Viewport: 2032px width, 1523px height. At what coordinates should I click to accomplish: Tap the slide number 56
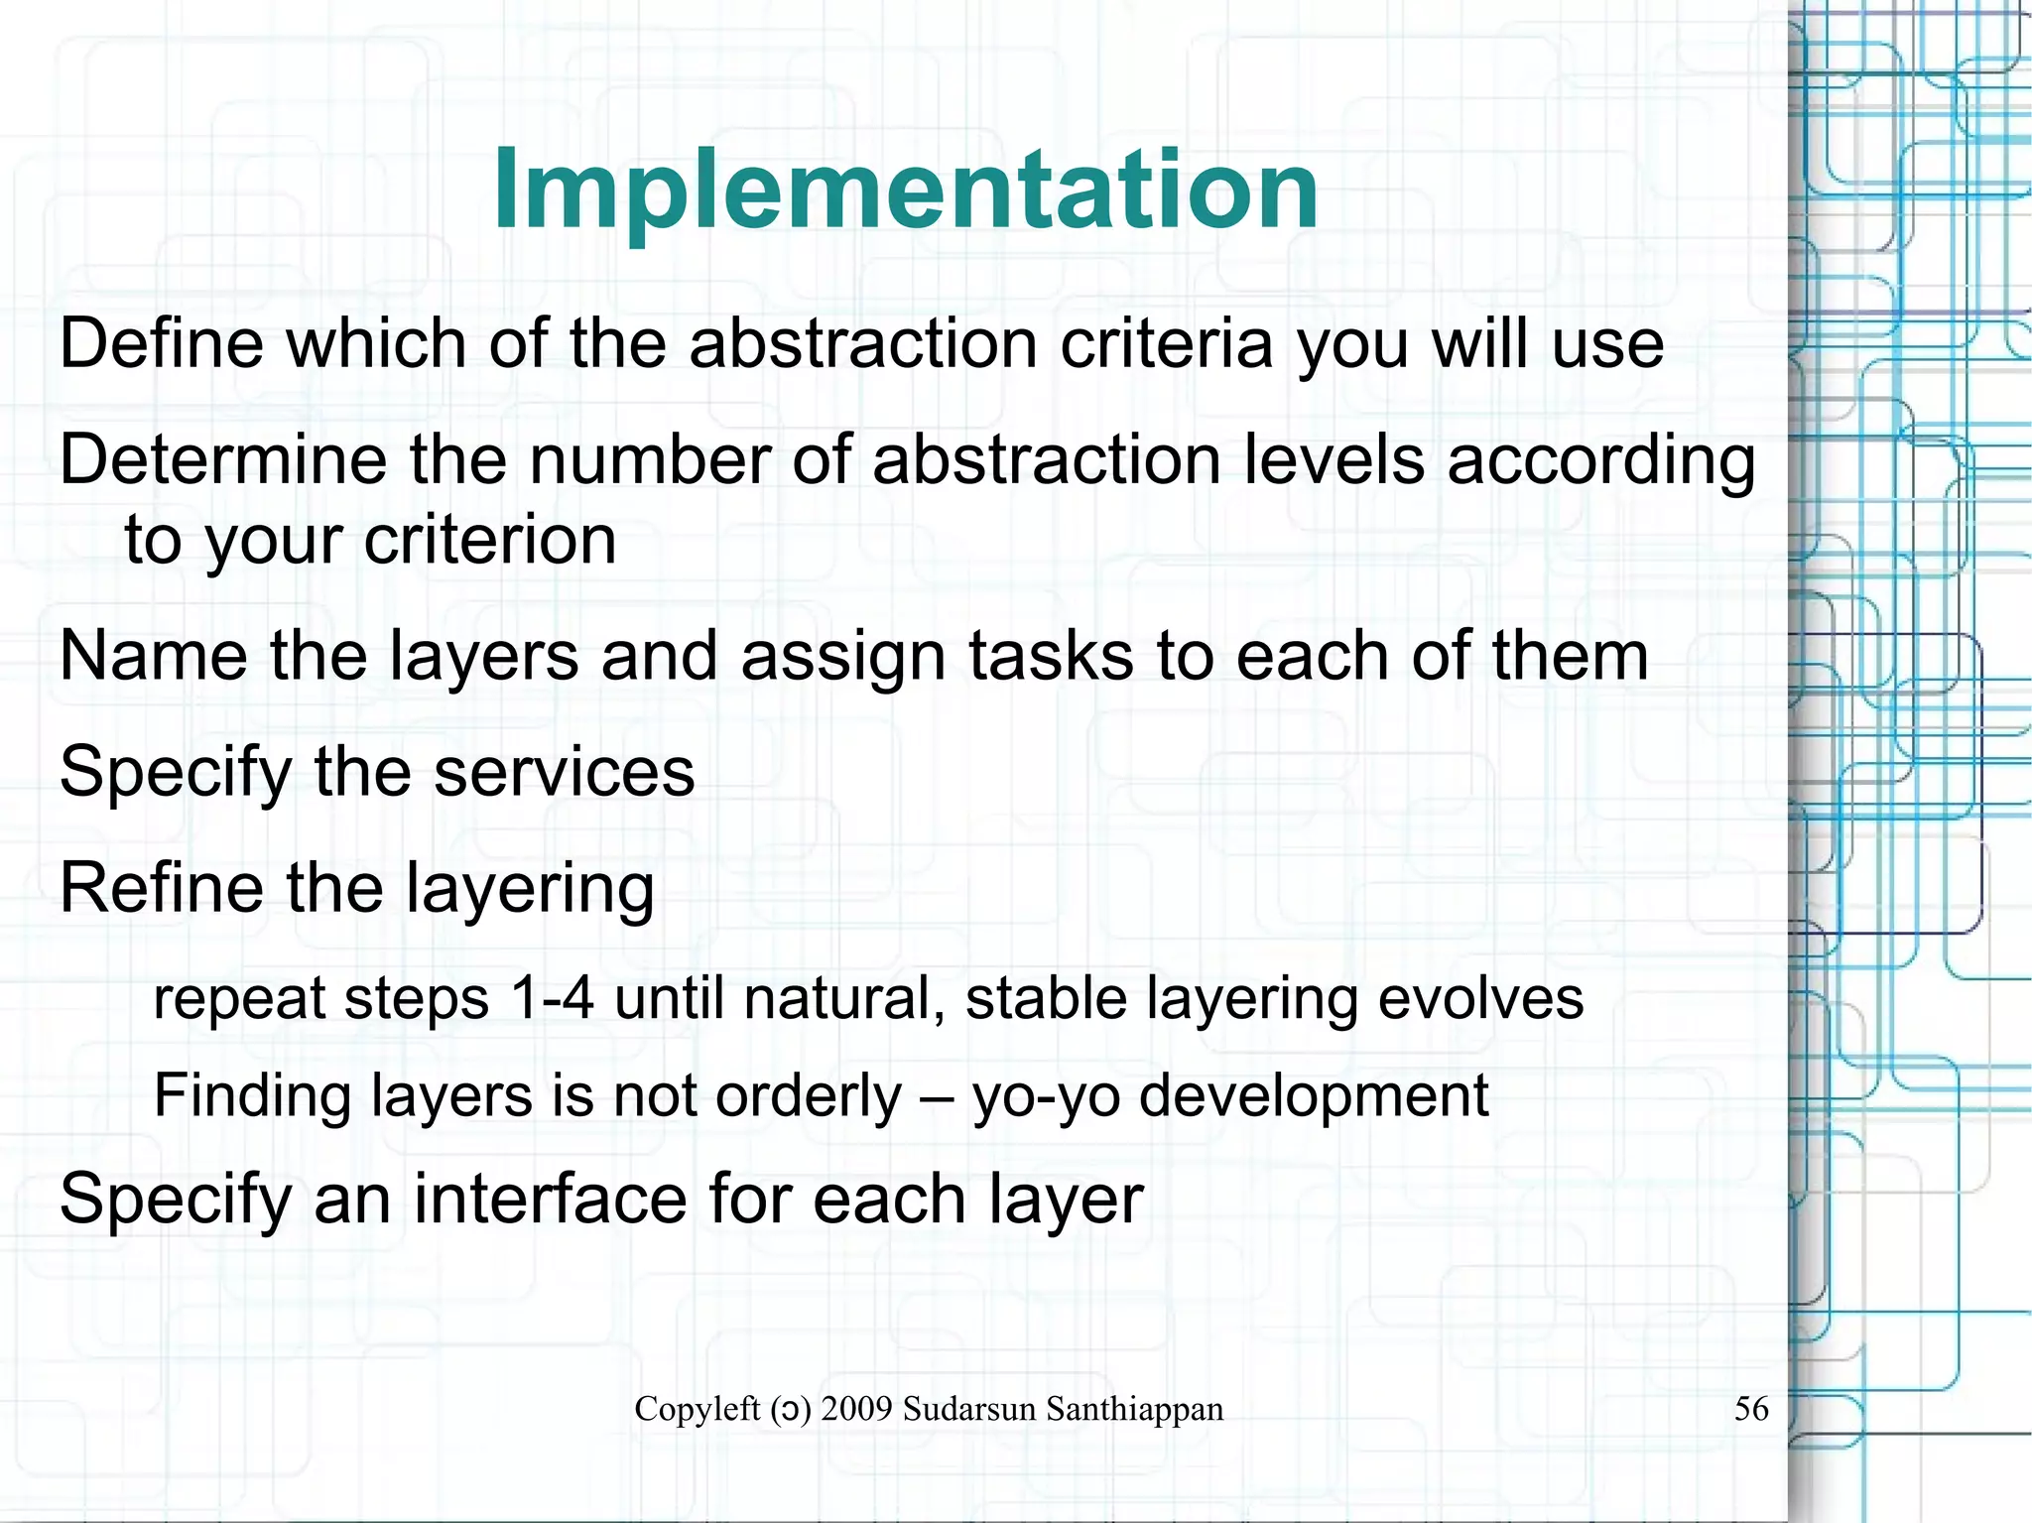click(x=1751, y=1408)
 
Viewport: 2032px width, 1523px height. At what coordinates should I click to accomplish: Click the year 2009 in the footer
click(x=857, y=1409)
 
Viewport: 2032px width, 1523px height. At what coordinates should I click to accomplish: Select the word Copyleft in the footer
click(x=697, y=1409)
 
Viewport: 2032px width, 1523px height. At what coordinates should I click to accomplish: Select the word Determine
click(x=223, y=460)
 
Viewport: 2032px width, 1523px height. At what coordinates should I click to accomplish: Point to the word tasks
click(x=1051, y=656)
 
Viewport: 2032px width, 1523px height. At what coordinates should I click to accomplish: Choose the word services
click(x=565, y=772)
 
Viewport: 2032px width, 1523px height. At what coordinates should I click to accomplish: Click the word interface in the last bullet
click(x=551, y=1199)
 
